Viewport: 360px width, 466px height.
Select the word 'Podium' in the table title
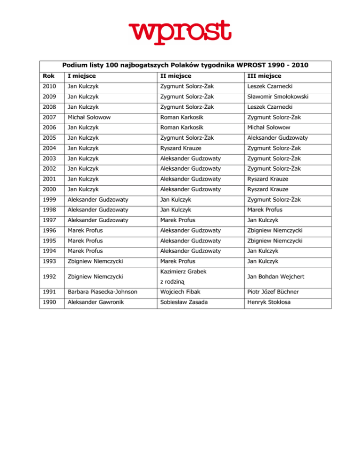click(x=75, y=65)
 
